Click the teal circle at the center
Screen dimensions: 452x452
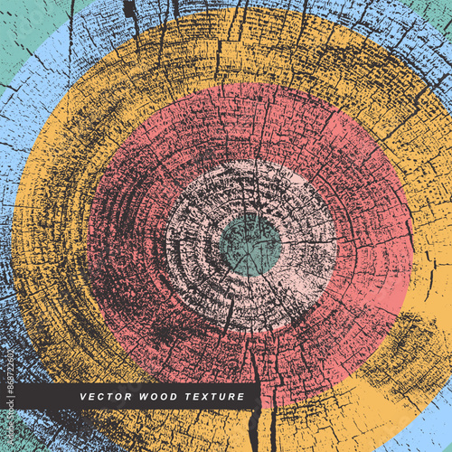click(x=251, y=244)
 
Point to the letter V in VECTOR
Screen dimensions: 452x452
click(x=83, y=397)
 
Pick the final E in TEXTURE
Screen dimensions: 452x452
click(x=240, y=397)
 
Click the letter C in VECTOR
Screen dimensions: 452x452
click(x=100, y=397)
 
